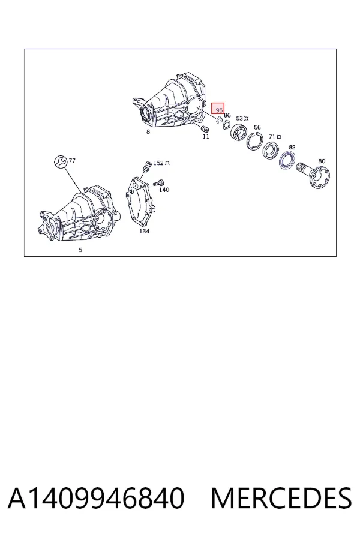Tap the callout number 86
(x=227, y=116)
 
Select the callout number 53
(x=239, y=118)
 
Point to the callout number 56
(x=257, y=127)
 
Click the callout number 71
(x=272, y=137)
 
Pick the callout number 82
(x=292, y=148)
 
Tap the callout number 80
(x=322, y=161)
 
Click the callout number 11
(x=206, y=136)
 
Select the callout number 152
(x=158, y=163)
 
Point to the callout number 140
(x=164, y=190)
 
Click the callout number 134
(x=144, y=231)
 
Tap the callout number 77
(x=72, y=160)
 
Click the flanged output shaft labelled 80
(x=313, y=174)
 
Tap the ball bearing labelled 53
(x=239, y=132)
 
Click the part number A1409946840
(x=96, y=498)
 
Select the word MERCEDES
(x=281, y=498)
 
